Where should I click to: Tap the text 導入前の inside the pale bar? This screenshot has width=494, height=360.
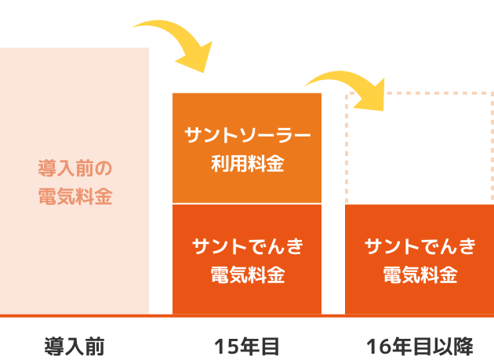(75, 168)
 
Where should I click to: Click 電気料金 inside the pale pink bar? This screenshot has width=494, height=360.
(75, 196)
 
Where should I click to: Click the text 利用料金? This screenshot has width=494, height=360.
(247, 165)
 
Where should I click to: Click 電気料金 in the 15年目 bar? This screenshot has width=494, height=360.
(247, 275)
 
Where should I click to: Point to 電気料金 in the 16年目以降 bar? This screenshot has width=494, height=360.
(420, 275)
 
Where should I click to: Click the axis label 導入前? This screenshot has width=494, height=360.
(74, 346)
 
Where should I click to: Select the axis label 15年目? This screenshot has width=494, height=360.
(246, 346)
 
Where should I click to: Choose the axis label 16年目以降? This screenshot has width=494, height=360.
(420, 346)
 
